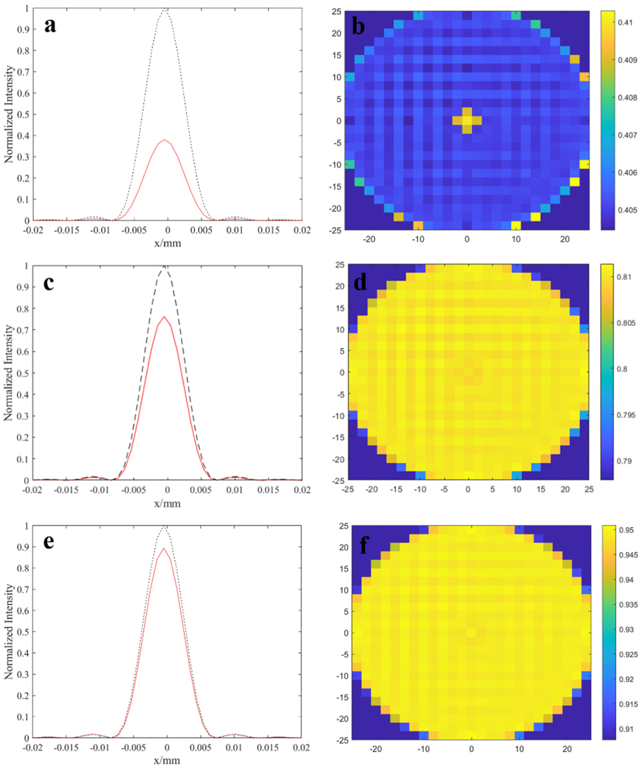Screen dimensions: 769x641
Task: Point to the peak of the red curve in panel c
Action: pyautogui.click(x=164, y=317)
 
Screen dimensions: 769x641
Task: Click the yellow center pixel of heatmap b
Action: pyautogui.click(x=467, y=121)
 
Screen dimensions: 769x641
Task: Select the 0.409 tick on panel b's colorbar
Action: pyautogui.click(x=627, y=60)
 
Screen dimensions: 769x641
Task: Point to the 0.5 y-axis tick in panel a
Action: pyautogui.click(x=24, y=115)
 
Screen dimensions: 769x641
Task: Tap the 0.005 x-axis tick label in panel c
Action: pyautogui.click(x=201, y=490)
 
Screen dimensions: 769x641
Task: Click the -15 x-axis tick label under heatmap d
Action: pyautogui.click(x=396, y=489)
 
